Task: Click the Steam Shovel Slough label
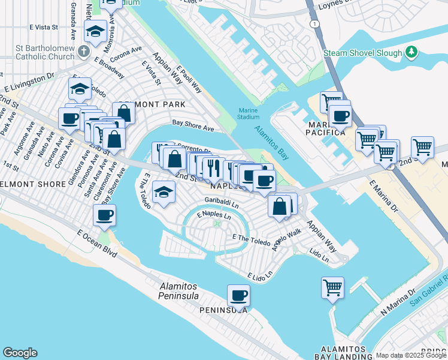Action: coord(363,53)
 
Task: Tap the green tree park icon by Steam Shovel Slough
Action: coord(411,52)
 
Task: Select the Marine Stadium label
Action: coord(248,113)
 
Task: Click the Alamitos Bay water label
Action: coord(271,142)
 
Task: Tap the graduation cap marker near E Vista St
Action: coord(95,31)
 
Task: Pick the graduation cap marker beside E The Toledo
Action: coord(163,193)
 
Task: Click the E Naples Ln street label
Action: coord(214,214)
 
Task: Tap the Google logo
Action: coord(20,353)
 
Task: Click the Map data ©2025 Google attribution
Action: coord(410,355)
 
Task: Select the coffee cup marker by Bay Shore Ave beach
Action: coord(104,215)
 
